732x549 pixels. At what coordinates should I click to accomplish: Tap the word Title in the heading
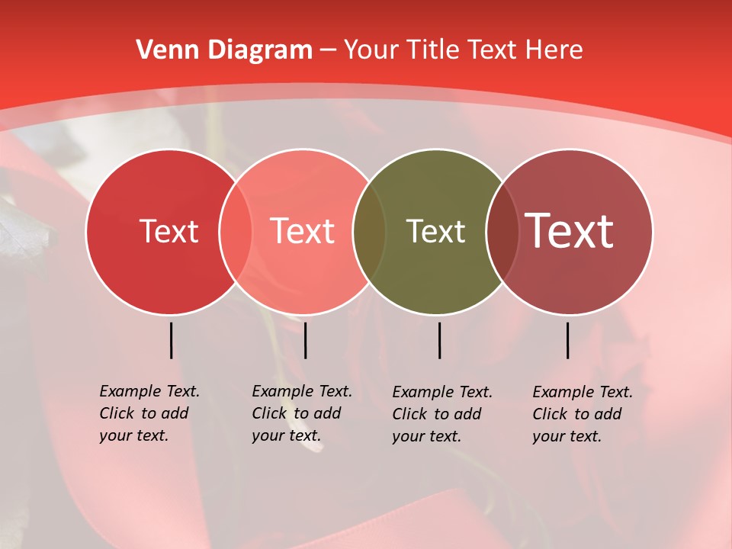click(436, 50)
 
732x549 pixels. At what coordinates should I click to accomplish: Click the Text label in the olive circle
click(435, 231)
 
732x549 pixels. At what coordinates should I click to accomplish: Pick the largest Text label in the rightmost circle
click(570, 230)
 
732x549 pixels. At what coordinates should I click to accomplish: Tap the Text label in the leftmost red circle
click(169, 231)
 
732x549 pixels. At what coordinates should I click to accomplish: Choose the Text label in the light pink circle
click(303, 231)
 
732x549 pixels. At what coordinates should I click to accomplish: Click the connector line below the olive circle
click(440, 340)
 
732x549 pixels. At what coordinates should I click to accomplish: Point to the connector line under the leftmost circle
click(172, 340)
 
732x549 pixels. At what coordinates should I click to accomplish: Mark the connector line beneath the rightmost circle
click(568, 340)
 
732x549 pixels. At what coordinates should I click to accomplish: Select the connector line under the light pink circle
click(306, 340)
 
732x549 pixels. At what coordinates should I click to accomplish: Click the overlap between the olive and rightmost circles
click(502, 232)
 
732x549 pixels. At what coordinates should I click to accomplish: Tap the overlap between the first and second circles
click(235, 232)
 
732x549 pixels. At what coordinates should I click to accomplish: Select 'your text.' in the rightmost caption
click(567, 436)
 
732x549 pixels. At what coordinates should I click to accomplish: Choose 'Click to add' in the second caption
click(296, 413)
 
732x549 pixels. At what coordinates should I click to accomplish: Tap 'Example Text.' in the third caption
click(442, 392)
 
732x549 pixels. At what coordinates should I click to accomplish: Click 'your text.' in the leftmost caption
click(133, 436)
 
